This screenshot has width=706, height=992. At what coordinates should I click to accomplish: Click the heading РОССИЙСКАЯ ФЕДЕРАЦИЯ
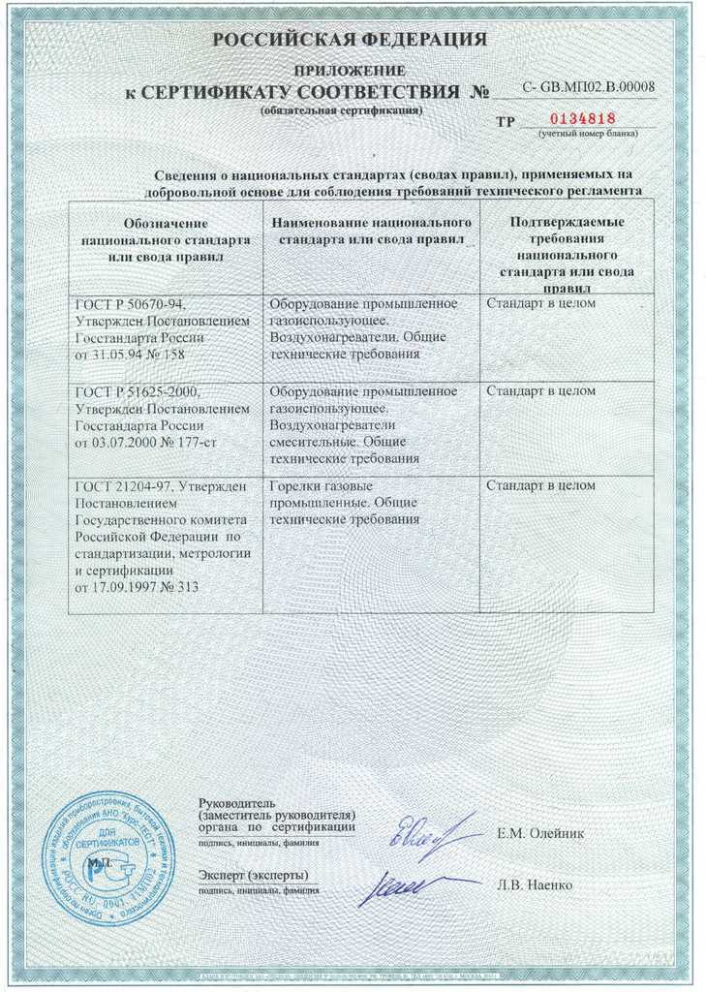tap(350, 41)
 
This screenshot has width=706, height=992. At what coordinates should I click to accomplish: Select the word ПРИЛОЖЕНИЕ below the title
tap(350, 72)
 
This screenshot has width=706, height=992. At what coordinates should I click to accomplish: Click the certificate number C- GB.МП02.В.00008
tap(588, 87)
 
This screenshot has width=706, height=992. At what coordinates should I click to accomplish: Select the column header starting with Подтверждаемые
tap(567, 247)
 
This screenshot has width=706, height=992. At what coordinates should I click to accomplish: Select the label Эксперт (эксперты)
tap(253, 876)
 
